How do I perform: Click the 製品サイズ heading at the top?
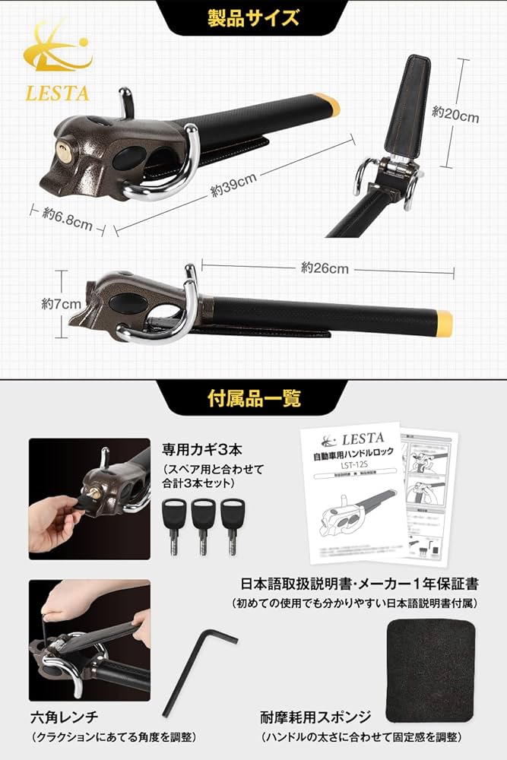(253, 17)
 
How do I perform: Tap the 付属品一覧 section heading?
(254, 397)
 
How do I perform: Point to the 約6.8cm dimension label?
(68, 218)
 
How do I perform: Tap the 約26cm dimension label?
(325, 268)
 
